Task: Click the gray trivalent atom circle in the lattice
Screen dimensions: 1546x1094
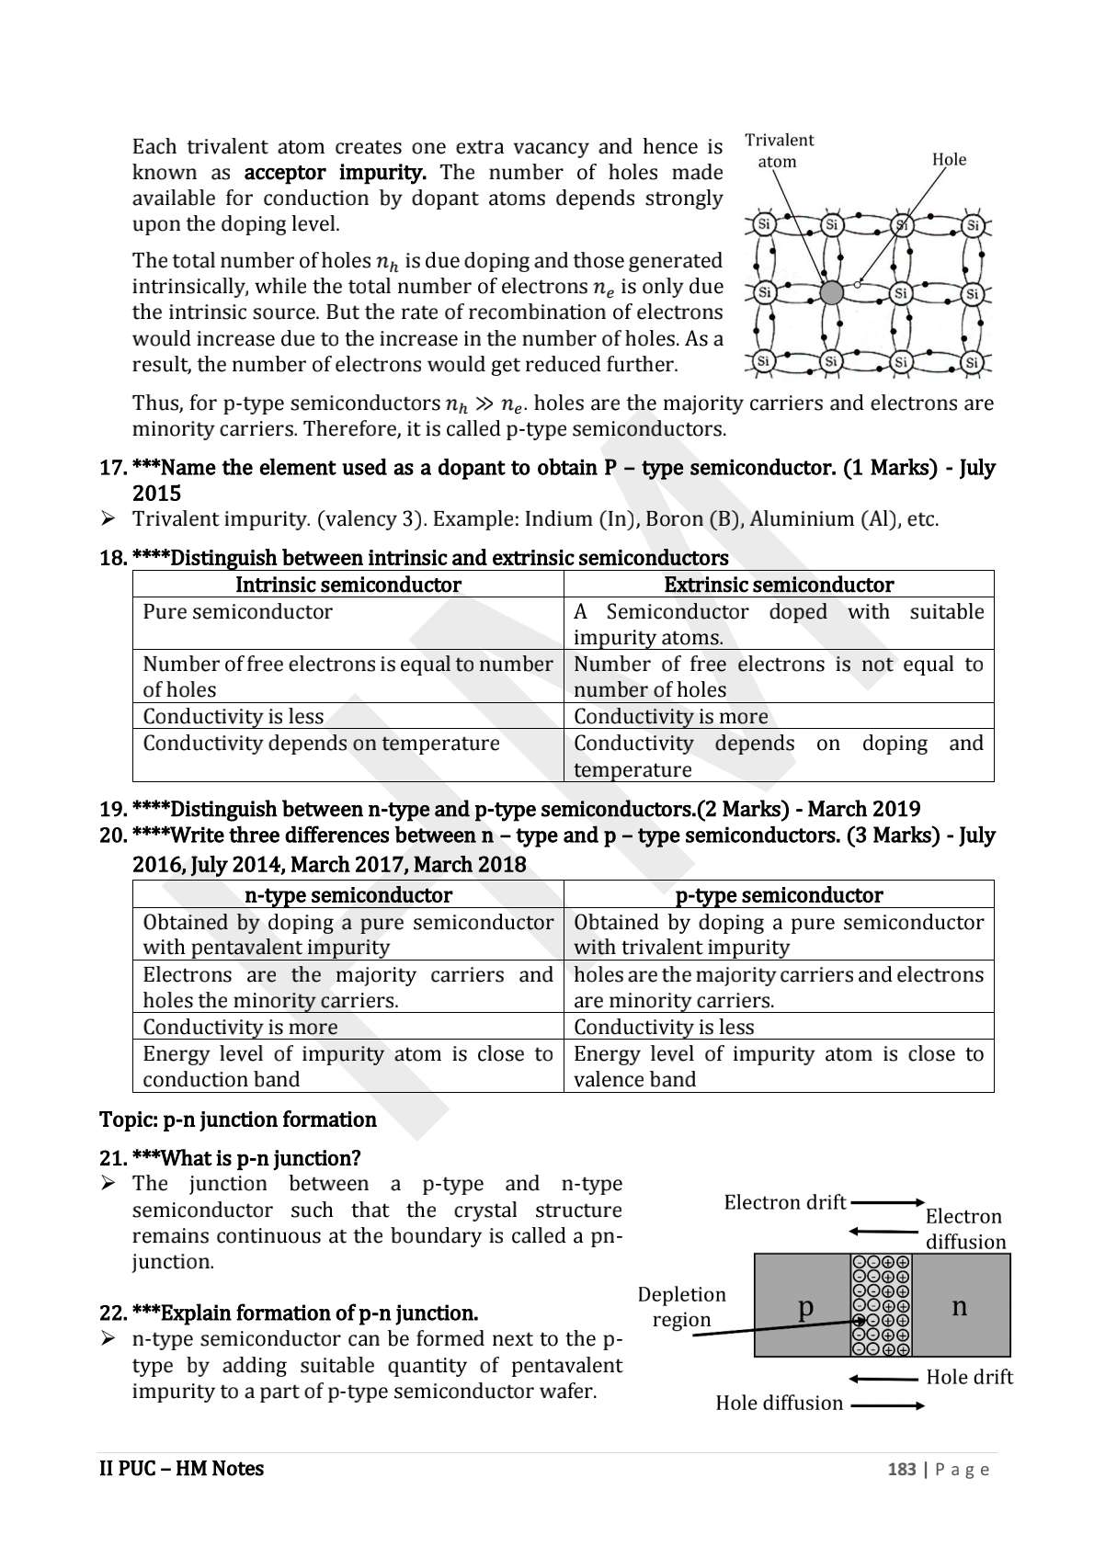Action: (831, 293)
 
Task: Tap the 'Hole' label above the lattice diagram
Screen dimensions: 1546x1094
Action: (949, 160)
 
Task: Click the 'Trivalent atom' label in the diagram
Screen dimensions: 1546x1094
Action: (778, 151)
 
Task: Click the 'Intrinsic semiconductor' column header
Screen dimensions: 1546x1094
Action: (348, 585)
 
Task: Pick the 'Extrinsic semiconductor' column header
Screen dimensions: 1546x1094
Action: (778, 585)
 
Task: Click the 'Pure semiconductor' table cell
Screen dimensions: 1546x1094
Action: (237, 612)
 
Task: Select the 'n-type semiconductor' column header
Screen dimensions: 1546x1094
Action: (348, 895)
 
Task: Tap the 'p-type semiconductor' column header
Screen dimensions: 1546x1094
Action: (778, 895)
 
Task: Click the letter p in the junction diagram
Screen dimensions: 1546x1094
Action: (805, 1306)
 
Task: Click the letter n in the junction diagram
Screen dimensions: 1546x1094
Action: (959, 1306)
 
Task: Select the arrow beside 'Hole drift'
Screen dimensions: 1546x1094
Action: (883, 1379)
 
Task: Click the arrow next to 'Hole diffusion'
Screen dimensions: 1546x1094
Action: (887, 1405)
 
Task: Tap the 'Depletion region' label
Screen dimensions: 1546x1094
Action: (681, 1307)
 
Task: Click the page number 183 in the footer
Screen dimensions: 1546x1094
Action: (901, 1470)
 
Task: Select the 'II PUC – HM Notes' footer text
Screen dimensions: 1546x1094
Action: (181, 1469)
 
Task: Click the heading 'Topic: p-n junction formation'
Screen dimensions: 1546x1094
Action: (237, 1120)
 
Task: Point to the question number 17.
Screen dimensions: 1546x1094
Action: (111, 468)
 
